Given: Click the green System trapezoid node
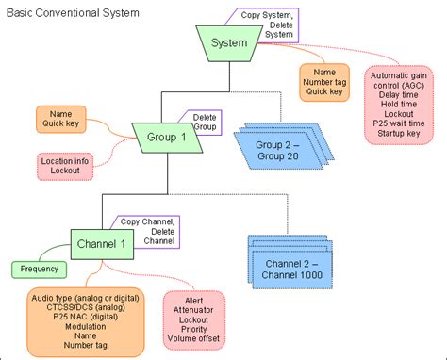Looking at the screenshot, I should [229, 43].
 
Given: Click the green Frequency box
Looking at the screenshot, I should [39, 269].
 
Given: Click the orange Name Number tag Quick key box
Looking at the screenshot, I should [324, 81].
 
